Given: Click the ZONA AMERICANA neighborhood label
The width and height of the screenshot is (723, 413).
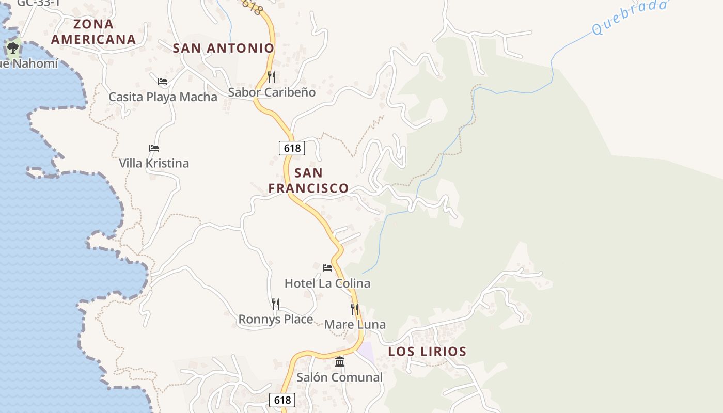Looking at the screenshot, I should pos(93,31).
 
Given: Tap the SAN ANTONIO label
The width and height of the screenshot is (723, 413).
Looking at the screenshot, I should pos(223,49).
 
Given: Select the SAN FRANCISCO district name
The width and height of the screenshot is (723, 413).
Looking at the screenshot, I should pos(309,180).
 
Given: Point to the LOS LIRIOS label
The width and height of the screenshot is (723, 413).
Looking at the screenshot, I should pos(427,352).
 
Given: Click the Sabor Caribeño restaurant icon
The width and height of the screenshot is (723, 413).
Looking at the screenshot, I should pos(272,77).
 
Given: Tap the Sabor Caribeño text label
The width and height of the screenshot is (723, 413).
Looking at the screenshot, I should pos(272,92).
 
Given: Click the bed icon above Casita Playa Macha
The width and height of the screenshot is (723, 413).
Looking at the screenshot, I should pos(163,81).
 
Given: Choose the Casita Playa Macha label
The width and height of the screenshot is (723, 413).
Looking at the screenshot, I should pos(163,97).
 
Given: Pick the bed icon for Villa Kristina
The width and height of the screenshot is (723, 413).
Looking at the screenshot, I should pos(153,148).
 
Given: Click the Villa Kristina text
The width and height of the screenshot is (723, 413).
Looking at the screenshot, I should pos(154,163).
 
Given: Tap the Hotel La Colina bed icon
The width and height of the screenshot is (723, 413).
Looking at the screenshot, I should pos(327,267).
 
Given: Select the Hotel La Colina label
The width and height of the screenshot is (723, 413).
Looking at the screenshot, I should pos(327,283).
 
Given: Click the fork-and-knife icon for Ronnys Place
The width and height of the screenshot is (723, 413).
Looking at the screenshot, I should pos(276,304).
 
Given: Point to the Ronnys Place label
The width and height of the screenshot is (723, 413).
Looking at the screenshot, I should pos(276,320).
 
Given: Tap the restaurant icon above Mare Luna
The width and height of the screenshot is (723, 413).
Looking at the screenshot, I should pos(355,309).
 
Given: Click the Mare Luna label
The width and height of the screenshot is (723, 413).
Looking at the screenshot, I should pos(355,325).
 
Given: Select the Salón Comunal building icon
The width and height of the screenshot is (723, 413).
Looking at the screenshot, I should pos(340,362).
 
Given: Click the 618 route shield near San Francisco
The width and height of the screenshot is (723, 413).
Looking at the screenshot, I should pos(292,148).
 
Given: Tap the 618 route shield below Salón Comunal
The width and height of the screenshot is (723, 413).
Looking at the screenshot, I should pos(282,400).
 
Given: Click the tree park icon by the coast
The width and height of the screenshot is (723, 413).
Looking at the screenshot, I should pos(13,49).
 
